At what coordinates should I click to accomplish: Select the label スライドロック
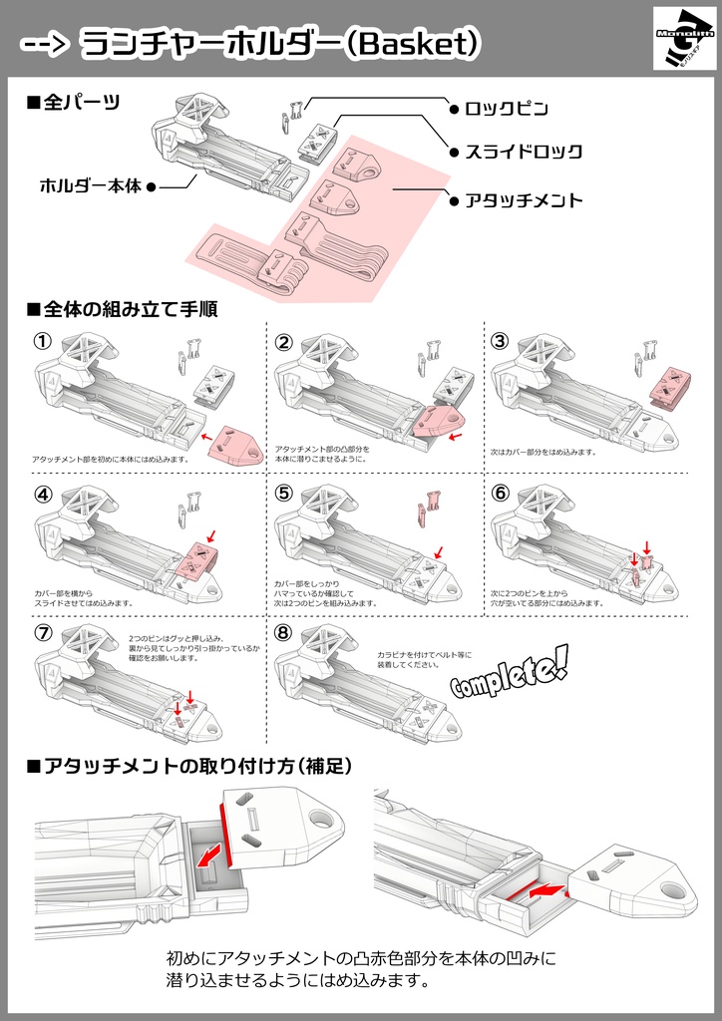coord(524,153)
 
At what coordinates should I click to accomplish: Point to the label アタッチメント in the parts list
coord(524,199)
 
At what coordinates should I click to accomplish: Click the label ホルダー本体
coord(91,185)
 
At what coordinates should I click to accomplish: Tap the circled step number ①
coord(42,341)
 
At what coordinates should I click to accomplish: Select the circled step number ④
coord(42,494)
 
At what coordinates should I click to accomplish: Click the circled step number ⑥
coord(501,494)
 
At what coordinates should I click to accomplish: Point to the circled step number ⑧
coord(284,633)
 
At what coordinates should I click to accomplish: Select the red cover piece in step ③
coord(670,388)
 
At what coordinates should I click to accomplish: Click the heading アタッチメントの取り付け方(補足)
coord(189,765)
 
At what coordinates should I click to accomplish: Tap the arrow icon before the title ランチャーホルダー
coord(45,43)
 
